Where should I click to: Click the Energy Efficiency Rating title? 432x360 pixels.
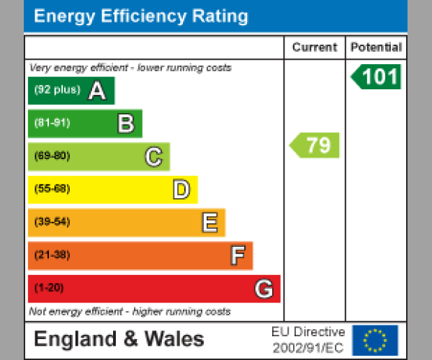141,17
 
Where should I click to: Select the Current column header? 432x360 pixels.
315,48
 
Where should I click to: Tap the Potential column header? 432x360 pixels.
376,48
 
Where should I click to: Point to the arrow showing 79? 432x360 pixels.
315,145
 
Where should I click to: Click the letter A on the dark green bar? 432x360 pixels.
96,91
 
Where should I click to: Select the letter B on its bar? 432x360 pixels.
125,124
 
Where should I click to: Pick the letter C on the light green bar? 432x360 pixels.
153,156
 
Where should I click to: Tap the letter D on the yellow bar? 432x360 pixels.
181,189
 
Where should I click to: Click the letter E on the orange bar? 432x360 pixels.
209,222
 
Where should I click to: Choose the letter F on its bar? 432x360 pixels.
237,256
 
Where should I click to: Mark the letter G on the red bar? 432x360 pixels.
264,289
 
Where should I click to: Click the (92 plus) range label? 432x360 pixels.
57,91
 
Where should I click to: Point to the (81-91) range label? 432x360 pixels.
52,123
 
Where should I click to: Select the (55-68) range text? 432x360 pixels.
52,189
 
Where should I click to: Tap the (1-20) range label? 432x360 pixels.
49,288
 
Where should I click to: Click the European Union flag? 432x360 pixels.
374,340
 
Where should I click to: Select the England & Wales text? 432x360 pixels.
119,339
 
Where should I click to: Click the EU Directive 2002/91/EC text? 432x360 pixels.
308,340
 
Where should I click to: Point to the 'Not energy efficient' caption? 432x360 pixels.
130,312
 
